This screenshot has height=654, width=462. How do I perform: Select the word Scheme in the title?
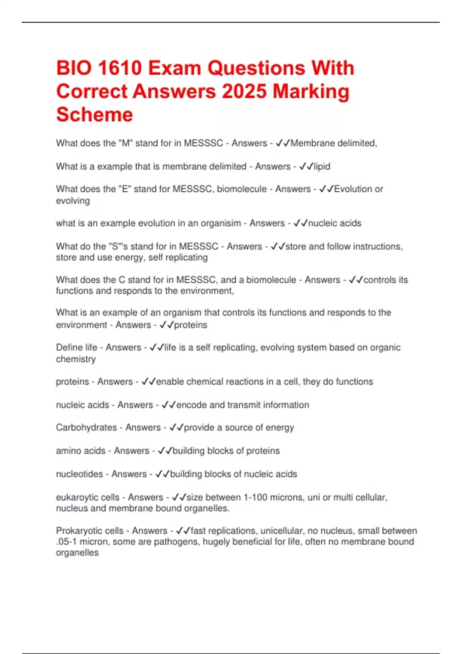click(94, 115)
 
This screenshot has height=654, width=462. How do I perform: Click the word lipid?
click(322, 167)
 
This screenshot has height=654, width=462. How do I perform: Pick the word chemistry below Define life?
click(76, 359)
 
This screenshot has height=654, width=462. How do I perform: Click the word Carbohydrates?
click(86, 427)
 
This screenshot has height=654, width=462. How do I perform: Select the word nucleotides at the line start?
click(79, 474)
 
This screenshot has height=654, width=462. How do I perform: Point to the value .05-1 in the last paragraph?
click(66, 542)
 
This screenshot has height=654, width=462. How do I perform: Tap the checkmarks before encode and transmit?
click(169, 405)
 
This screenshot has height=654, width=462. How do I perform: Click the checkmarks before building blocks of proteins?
click(165, 450)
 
